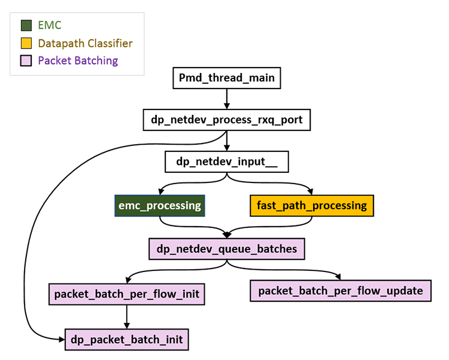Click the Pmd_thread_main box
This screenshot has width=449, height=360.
226,78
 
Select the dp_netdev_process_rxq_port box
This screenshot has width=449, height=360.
226,120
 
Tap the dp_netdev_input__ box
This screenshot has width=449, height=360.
226,161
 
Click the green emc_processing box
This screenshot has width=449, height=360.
160,205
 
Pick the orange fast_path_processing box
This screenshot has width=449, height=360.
311,205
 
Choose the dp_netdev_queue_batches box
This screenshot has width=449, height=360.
226,248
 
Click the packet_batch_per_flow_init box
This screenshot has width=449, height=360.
126,294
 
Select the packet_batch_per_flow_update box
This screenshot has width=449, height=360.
340,291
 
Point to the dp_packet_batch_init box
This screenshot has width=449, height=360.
126,340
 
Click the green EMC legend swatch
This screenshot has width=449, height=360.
26,26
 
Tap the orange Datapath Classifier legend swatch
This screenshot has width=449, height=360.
26,43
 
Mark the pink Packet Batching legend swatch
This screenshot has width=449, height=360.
26,60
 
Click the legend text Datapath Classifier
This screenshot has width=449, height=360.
85,43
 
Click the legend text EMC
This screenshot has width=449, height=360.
50,26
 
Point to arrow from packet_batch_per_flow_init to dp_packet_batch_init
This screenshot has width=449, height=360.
126,317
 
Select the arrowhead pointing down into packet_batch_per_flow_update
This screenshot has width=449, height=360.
339,276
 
